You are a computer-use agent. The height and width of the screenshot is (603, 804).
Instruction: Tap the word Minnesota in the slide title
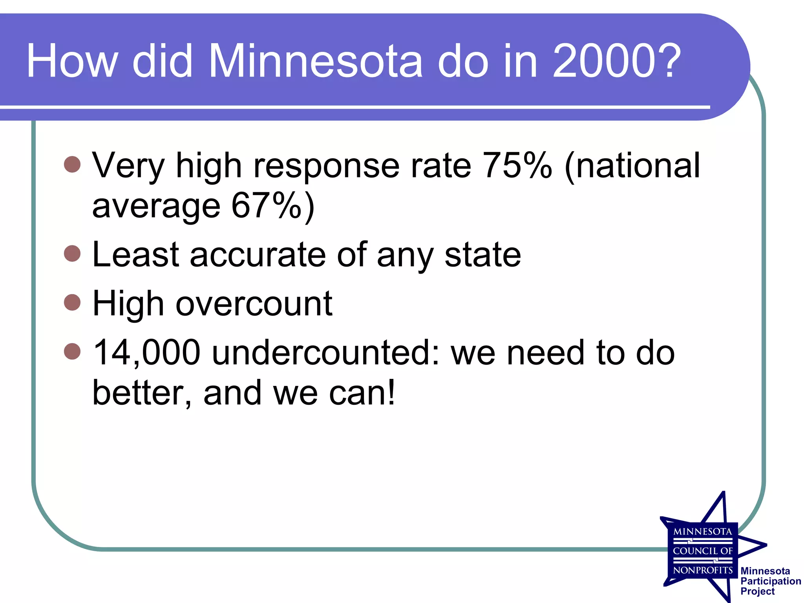click(x=315, y=61)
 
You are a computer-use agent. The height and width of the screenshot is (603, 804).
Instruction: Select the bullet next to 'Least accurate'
click(x=72, y=254)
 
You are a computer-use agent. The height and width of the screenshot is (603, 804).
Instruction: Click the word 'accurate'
click(x=258, y=255)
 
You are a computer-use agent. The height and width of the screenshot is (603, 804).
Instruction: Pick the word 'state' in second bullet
click(x=482, y=255)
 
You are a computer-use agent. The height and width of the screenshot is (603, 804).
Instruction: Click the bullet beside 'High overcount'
click(x=72, y=302)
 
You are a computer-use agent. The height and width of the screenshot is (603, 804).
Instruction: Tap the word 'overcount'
click(x=254, y=303)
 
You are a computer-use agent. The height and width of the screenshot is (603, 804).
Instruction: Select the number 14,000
click(x=147, y=353)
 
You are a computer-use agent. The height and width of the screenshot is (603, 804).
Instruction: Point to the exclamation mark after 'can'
click(x=391, y=393)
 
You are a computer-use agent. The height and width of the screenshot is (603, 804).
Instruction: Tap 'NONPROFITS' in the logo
click(x=703, y=570)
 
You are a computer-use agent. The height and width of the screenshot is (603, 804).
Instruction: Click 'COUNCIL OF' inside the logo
click(x=703, y=551)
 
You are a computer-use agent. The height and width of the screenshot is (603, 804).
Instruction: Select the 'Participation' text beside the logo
click(x=770, y=581)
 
